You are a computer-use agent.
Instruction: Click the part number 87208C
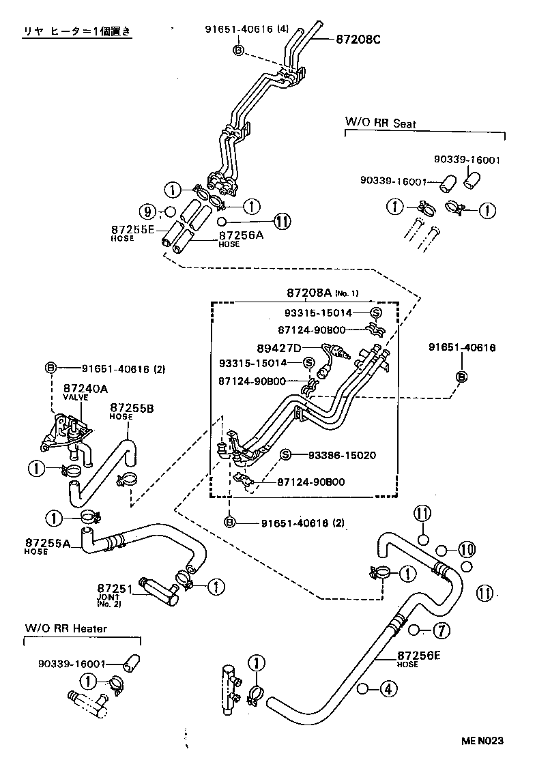[x=358, y=40]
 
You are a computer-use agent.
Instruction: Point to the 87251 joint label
[x=114, y=588]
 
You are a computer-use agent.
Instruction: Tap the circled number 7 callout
[x=442, y=630]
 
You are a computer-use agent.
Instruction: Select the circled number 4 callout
[x=387, y=689]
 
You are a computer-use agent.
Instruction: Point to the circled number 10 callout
[x=465, y=549]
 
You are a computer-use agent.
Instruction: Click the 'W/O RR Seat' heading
[x=380, y=123]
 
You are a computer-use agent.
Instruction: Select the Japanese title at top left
[x=76, y=32]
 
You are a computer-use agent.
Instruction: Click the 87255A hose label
[x=48, y=544]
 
